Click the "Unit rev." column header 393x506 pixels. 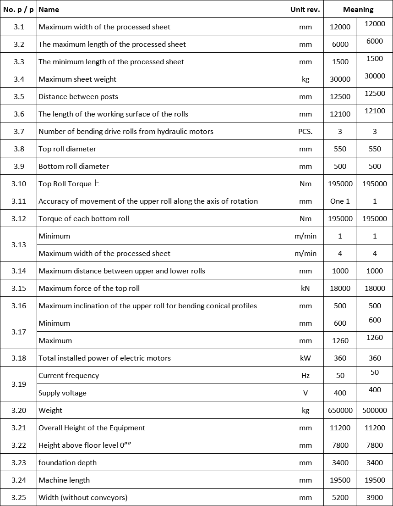pos(305,9)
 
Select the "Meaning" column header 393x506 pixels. pos(358,9)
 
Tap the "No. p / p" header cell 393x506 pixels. pos(18,9)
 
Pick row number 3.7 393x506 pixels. pos(19,132)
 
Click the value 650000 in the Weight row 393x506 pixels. pos(340,411)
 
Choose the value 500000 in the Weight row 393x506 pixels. pos(375,411)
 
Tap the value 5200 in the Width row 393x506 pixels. pos(340,498)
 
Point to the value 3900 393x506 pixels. pos(375,498)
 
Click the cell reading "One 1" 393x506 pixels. pos(340,201)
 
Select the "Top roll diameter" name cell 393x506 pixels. pos(67,149)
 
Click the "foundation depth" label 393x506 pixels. pos(67,463)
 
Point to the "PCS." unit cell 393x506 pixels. pos(306,132)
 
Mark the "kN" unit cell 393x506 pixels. pos(306,289)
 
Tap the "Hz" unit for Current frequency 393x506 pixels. pos(306,376)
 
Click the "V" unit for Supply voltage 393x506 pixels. pos(306,393)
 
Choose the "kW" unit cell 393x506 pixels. pos(306,358)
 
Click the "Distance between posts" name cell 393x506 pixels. pos(78,97)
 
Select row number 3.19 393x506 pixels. pos(19,384)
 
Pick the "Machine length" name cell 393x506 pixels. pos(64,480)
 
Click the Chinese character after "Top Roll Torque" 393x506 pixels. pos(96,183)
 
